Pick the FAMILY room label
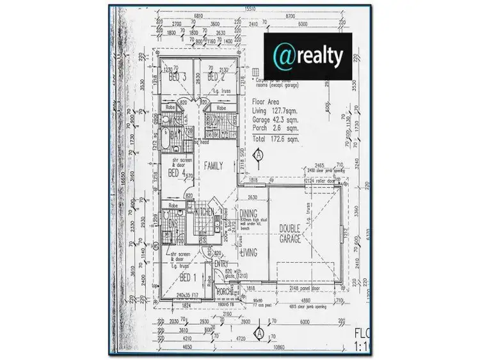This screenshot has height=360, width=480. pos(213,166)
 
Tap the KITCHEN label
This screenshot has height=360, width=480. pos(205,212)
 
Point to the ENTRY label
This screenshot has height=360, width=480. pos(222,263)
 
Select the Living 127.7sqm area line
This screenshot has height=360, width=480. pos(278,111)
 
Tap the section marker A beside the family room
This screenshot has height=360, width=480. pos(259,154)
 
